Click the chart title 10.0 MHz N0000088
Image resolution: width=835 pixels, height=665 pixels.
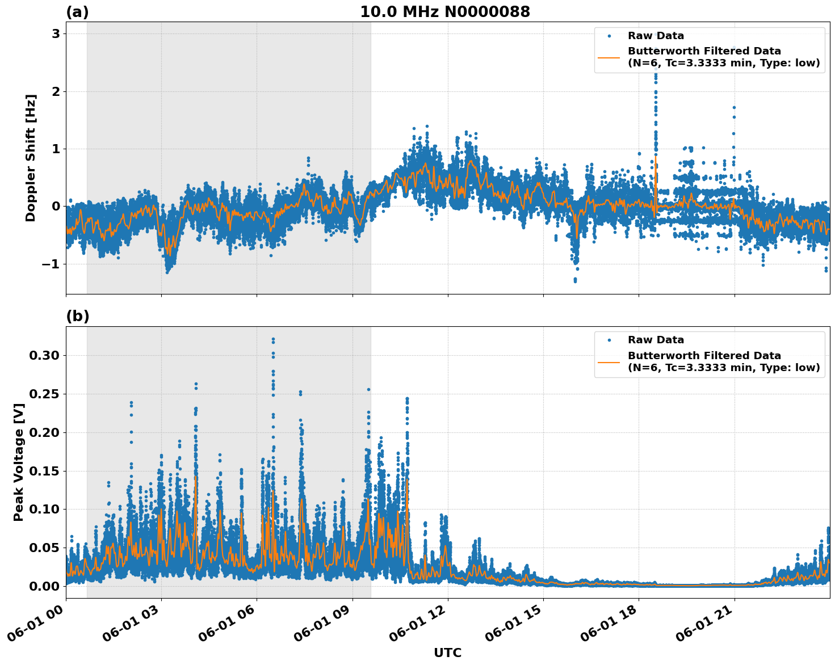[444, 12]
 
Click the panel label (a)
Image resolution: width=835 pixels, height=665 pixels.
[77, 12]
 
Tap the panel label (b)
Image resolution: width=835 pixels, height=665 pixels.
[77, 317]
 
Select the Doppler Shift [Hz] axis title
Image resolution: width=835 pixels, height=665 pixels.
[31, 158]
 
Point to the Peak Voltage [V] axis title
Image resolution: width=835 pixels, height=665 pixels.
[19, 462]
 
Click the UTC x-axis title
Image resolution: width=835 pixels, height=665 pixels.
[447, 653]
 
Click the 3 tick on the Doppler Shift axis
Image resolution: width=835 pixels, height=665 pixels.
[56, 34]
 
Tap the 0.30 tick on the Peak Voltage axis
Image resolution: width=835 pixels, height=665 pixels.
[44, 356]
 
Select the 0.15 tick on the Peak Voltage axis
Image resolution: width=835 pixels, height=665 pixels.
[44, 471]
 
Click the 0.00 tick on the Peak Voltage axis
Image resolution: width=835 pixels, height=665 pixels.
[44, 586]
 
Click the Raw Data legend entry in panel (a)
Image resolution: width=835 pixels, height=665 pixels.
[656, 36]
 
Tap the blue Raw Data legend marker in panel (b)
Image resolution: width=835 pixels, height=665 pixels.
[609, 340]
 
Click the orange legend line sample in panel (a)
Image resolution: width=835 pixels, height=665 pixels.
[609, 57]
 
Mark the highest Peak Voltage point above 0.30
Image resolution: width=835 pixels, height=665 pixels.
[273, 339]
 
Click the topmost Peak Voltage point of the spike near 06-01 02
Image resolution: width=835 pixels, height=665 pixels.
[131, 402]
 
